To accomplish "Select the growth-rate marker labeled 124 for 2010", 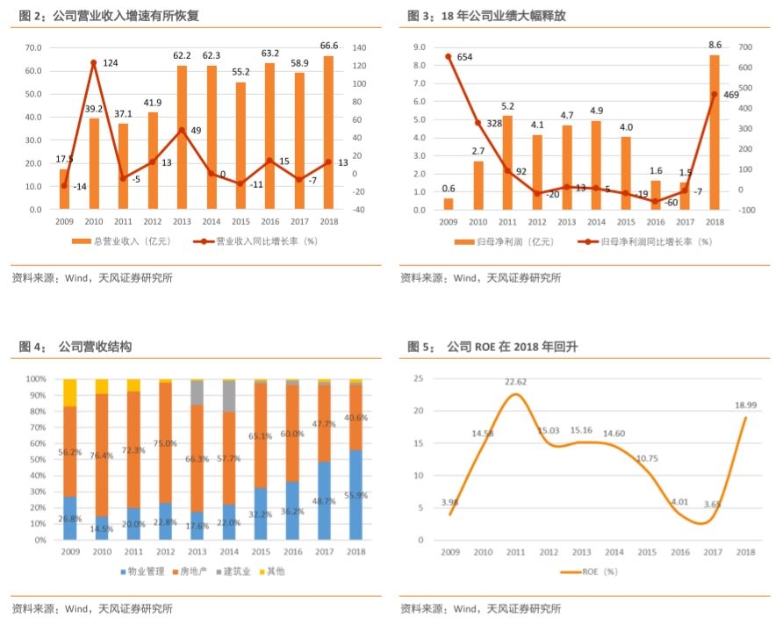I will click(x=94, y=62).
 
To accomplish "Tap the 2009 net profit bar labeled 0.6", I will click(x=449, y=204).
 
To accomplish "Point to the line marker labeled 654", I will click(x=449, y=57).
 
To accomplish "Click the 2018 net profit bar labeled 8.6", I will click(x=714, y=133).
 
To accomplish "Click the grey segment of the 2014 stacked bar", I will click(x=228, y=397).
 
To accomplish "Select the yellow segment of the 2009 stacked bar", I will click(x=70, y=392).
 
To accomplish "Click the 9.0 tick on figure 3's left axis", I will click(x=419, y=47).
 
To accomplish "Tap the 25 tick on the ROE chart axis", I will click(x=419, y=378).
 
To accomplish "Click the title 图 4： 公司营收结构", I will click(x=71, y=348).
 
